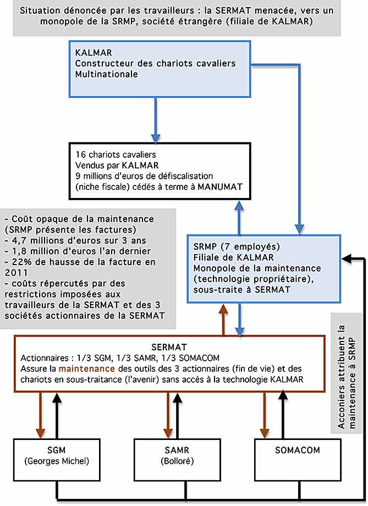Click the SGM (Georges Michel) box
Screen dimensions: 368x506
[57, 460]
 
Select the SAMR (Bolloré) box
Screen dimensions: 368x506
[177, 460]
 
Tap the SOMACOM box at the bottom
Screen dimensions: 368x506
[298, 460]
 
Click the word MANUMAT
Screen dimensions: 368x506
[220, 186]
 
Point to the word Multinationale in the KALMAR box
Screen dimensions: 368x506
[107, 74]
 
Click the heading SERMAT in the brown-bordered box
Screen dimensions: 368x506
[169, 347]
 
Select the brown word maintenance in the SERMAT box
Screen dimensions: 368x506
[86, 369]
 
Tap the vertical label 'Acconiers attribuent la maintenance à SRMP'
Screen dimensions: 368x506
[347, 377]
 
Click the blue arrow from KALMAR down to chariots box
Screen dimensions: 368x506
[156, 120]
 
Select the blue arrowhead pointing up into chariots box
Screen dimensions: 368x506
[239, 205]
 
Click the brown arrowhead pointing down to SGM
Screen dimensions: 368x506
[40, 433]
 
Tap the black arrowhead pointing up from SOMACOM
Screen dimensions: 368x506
[283, 397]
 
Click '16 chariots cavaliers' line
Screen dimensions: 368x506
[116, 155]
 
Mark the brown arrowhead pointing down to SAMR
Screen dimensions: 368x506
[168, 433]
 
